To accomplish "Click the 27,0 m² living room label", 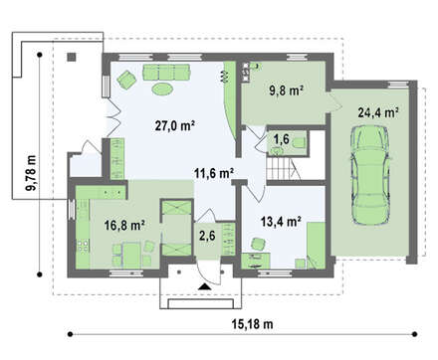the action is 175,125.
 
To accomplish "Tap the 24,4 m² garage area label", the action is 378,112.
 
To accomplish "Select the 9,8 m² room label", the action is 287,90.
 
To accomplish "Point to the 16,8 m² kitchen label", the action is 124,226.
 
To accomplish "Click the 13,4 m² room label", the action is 281,221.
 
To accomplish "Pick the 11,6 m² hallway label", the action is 214,173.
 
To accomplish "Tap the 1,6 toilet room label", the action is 282,139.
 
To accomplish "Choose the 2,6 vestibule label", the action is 207,236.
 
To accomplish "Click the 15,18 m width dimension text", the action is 253,324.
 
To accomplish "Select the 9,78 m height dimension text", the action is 32,172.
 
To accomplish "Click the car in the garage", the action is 370,175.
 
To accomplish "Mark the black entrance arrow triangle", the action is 205,286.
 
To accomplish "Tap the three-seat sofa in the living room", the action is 166,73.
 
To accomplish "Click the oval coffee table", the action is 162,89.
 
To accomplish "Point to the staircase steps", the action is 282,168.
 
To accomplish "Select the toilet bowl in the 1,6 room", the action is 300,142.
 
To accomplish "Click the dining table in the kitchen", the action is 131,255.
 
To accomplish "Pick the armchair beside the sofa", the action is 126,80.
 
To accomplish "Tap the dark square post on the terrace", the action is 72,57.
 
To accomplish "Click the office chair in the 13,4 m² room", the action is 258,244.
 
